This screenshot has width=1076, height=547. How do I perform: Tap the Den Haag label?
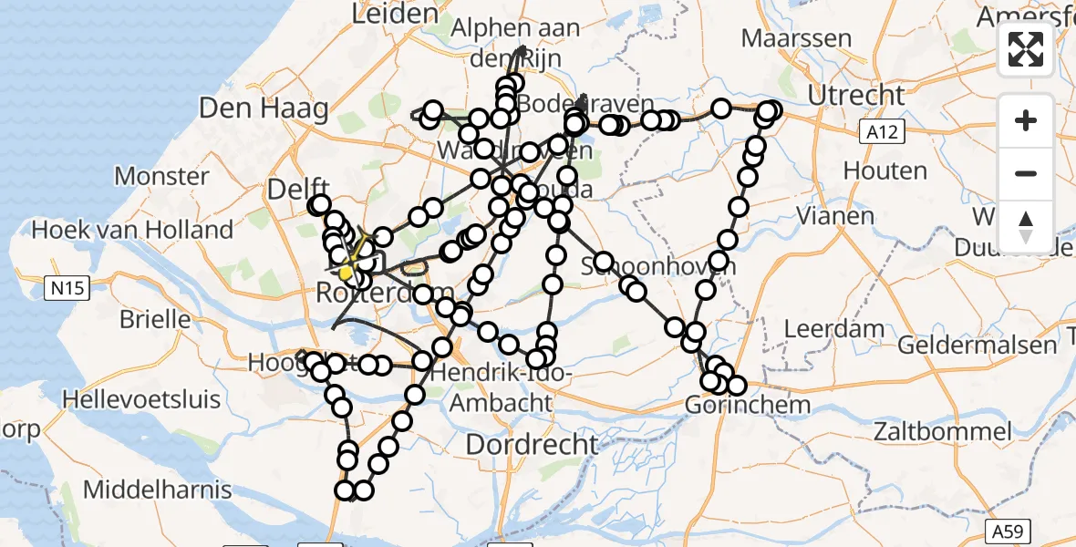(264, 109)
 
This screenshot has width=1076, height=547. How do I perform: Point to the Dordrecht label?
(533, 445)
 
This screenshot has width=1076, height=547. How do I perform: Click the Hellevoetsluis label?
(141, 398)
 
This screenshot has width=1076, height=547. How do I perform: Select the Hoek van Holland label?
(132, 230)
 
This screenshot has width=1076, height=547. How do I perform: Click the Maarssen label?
(796, 39)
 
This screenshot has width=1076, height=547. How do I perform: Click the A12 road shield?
(882, 133)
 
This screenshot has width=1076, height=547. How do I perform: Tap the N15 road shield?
(68, 289)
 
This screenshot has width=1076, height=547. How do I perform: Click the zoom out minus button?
(1026, 174)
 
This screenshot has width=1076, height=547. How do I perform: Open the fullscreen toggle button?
(1026, 49)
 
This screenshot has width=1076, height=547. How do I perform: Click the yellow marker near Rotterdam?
(346, 273)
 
